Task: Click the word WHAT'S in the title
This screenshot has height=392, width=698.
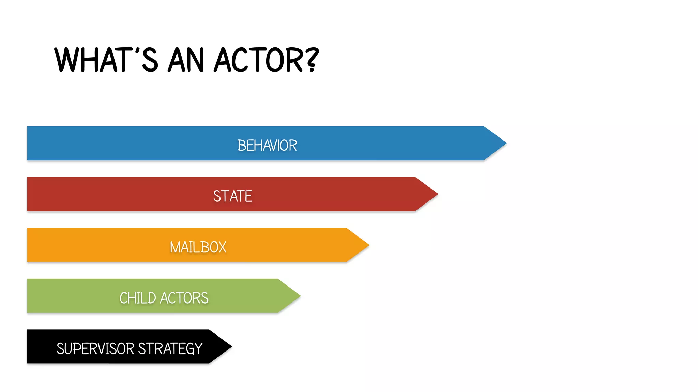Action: [x=106, y=61]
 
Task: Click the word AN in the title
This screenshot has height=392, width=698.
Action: [x=186, y=61]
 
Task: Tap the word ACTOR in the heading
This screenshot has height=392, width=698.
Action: [x=258, y=61]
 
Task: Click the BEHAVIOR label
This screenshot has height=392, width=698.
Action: [x=267, y=145]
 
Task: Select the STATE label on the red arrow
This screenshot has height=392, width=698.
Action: [x=233, y=196]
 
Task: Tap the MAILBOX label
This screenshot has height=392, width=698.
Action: [x=198, y=247]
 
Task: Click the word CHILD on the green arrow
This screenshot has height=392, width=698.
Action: [x=138, y=298]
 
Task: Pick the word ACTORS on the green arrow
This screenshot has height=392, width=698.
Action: [x=184, y=298]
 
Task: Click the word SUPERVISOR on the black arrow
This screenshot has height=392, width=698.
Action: [x=95, y=349]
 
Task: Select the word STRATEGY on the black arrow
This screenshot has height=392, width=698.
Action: [x=170, y=349]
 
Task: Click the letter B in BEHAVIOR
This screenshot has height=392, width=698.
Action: [x=241, y=145]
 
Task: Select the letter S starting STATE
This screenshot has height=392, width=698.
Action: [x=217, y=196]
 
